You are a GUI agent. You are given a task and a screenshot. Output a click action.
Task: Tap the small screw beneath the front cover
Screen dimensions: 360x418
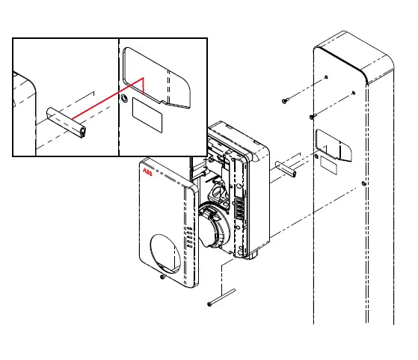[163, 277]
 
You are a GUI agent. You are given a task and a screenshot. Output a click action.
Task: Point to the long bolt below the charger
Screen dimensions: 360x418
[222, 298]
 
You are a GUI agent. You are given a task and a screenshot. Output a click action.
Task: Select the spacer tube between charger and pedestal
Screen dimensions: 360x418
[286, 168]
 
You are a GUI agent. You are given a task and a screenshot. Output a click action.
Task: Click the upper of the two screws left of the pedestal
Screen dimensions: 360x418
[286, 100]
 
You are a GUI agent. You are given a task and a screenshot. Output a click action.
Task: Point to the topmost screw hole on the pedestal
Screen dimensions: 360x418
[328, 77]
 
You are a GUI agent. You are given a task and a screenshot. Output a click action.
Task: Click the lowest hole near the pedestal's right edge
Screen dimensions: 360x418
[363, 183]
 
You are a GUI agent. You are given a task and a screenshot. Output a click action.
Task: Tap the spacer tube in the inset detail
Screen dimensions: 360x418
[67, 123]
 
